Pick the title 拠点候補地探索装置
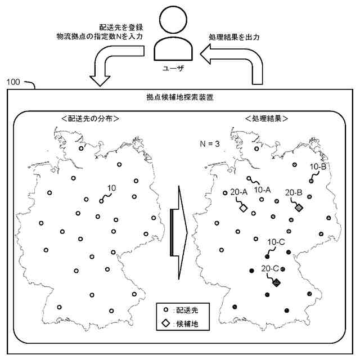point(179,97)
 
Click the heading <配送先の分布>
point(91,119)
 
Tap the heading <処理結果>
point(267,119)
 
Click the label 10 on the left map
point(111,187)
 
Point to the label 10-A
point(263,190)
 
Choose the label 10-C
point(276,242)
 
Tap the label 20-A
point(239,192)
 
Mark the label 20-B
point(294,192)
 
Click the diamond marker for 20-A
point(244,209)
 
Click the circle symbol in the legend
point(165,310)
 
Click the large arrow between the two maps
point(179,227)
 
